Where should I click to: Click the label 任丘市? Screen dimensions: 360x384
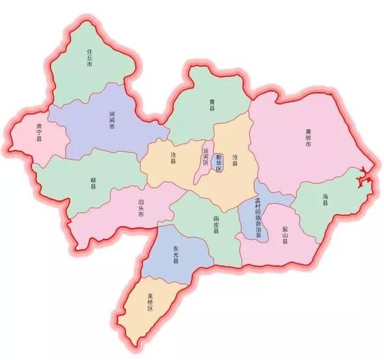90,58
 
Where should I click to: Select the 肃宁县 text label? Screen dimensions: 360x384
38,135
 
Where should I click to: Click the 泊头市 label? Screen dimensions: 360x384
141,208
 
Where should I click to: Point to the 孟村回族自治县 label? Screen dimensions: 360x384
259,217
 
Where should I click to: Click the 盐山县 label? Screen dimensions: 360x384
283,238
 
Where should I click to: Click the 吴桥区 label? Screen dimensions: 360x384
151,301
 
